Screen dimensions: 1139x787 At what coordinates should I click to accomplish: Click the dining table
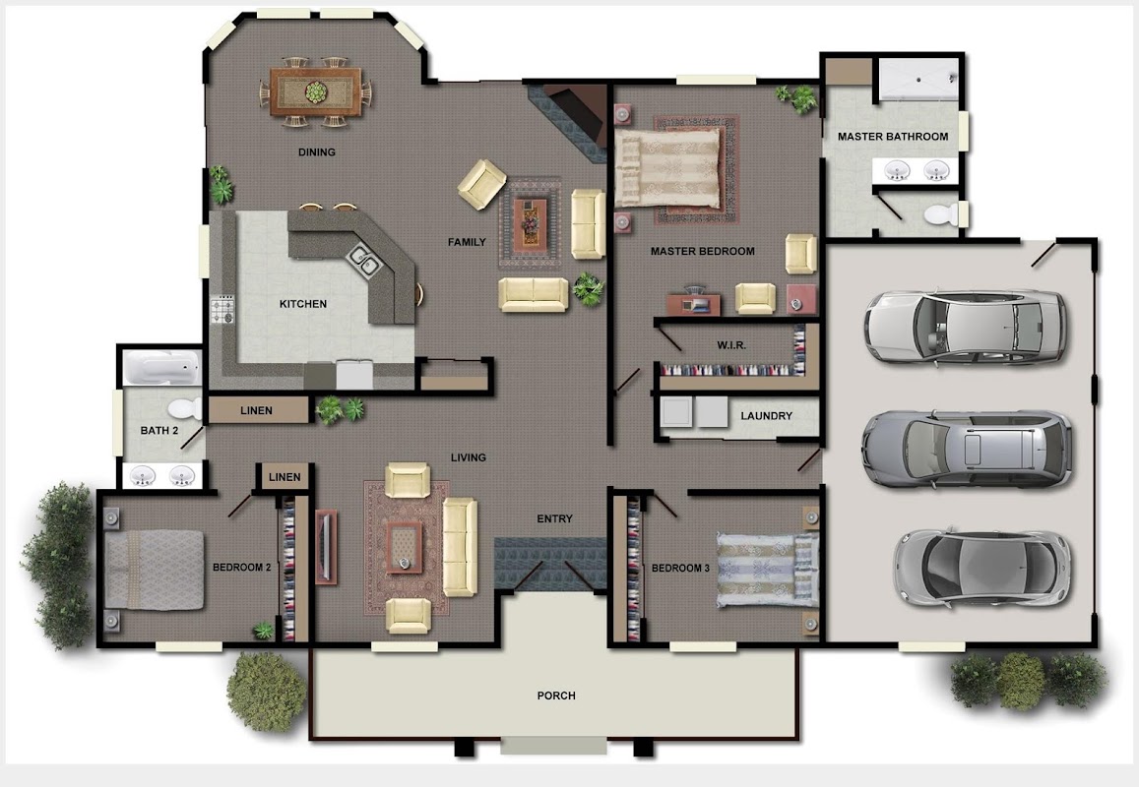tap(315, 91)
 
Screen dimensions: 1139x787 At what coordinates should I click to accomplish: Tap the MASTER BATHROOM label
tap(893, 137)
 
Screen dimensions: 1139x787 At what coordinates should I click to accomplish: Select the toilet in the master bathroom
tap(941, 214)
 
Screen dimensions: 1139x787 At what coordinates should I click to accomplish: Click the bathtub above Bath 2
tap(161, 367)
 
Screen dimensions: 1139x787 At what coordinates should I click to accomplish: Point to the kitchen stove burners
tap(223, 310)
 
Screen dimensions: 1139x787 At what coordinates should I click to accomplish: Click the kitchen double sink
tap(363, 260)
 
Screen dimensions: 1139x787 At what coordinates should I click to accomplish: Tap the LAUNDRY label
tap(766, 416)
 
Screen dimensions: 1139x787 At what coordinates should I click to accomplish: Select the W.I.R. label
tap(731, 345)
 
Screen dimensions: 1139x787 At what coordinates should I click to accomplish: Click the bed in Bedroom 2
tap(154, 570)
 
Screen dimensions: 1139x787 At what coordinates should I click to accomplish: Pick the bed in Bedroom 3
tap(767, 570)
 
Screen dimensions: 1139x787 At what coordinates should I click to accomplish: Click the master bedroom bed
tap(668, 168)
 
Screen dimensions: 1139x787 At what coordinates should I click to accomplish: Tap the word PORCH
tap(556, 696)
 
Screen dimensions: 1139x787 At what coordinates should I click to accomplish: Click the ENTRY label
tap(555, 518)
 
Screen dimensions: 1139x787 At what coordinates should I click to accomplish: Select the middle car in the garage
tap(967, 449)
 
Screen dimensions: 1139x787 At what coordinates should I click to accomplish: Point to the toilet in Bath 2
tap(184, 408)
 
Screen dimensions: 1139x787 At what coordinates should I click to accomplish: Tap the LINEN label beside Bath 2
tap(256, 410)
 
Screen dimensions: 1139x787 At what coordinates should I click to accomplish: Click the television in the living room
tap(326, 545)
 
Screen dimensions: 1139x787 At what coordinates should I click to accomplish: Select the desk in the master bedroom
tap(694, 303)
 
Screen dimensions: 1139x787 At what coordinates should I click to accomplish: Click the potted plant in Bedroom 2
tap(263, 631)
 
